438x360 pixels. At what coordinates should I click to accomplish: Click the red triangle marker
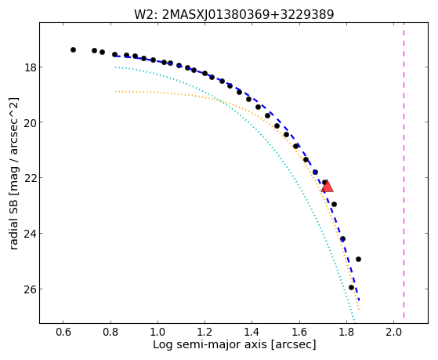point(327,187)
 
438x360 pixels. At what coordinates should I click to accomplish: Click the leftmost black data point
point(73,49)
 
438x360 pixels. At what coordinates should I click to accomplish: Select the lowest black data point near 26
point(351,287)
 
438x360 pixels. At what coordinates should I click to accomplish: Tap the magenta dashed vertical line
point(404,170)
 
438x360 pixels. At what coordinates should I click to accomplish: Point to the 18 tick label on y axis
point(31,67)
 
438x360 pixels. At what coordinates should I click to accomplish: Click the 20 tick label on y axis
point(31,122)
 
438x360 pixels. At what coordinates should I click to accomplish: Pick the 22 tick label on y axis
point(31,178)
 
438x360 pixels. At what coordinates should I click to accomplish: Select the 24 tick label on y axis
point(31,234)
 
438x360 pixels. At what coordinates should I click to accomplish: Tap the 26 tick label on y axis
point(31,289)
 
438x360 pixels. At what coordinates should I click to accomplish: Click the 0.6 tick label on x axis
point(63,332)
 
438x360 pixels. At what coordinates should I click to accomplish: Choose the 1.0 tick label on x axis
point(157,332)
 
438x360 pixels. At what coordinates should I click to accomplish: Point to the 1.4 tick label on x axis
point(252,332)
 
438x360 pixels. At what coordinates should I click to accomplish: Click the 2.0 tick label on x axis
point(393,332)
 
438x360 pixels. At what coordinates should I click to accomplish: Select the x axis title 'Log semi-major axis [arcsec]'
point(234,345)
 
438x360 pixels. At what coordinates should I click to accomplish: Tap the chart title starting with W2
point(234,14)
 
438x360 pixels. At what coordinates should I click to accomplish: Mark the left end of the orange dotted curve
point(116,92)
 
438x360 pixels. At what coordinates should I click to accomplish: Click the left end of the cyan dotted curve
point(116,67)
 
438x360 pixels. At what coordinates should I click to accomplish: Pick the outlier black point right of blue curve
point(358,260)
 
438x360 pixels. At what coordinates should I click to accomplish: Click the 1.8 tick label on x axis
point(346,332)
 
